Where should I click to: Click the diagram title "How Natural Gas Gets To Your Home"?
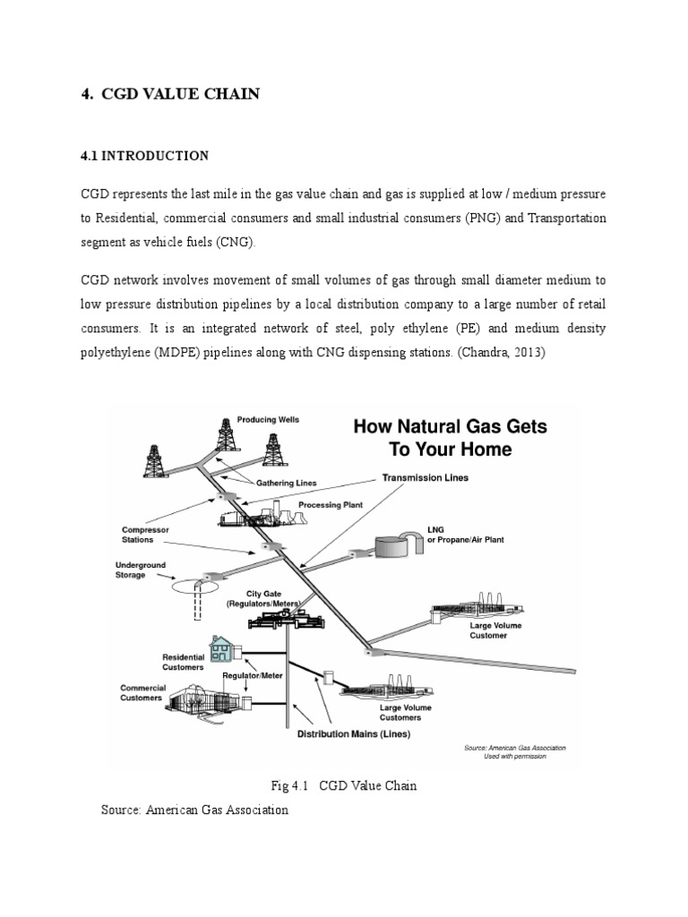click(x=451, y=438)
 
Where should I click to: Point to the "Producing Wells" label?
click(x=268, y=419)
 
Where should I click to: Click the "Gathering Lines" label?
click(x=287, y=483)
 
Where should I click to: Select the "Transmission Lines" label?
click(x=426, y=477)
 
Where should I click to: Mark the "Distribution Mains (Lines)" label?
click(x=353, y=734)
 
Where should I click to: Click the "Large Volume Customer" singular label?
click(x=488, y=630)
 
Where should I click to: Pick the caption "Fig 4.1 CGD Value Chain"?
click(x=344, y=785)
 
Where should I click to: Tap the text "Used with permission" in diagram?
click(x=514, y=756)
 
